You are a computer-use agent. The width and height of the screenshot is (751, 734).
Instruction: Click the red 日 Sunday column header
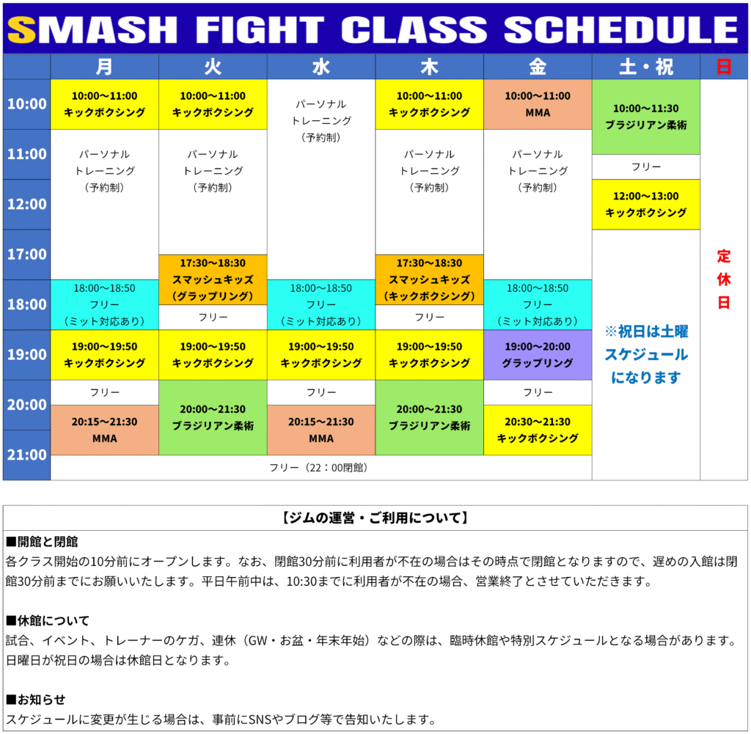724,67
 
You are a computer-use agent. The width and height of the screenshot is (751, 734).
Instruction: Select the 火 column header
213,67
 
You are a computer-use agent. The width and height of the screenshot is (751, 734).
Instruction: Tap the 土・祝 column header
645,67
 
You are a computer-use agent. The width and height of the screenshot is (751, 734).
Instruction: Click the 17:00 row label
27,254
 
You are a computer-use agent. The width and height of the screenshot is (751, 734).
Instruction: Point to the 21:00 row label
27,455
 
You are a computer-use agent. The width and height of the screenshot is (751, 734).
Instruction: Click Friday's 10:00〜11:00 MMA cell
538,104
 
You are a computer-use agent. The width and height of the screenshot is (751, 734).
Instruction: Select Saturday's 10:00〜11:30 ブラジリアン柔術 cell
645,117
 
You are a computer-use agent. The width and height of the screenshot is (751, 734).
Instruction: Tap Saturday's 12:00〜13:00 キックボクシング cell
645,205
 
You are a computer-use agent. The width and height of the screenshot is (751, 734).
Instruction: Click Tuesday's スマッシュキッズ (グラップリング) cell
213,279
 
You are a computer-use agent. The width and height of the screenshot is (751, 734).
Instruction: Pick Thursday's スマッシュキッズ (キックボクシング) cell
429,279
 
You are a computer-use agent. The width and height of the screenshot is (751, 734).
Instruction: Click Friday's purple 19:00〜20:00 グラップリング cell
538,355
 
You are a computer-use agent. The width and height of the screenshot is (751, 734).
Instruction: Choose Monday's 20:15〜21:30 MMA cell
104,430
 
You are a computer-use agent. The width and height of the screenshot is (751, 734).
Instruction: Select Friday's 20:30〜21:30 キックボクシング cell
538,430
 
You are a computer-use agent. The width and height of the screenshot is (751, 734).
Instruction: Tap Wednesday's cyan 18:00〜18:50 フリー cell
321,304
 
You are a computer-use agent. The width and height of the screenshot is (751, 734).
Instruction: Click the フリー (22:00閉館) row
321,467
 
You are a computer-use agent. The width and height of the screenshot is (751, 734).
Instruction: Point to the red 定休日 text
724,279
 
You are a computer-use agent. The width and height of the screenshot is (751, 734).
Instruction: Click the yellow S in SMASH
21,29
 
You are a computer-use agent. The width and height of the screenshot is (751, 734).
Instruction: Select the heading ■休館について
48,621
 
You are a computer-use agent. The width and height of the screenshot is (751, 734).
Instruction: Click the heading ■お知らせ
35,700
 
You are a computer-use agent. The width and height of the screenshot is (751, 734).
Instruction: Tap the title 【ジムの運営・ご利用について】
375,518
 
